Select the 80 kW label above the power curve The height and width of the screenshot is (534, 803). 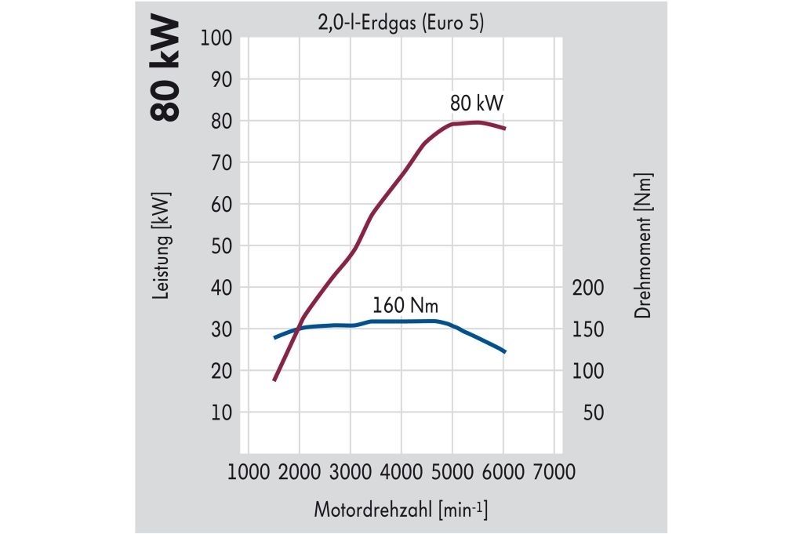click(477, 104)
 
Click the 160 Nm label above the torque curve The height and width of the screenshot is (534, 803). click(405, 304)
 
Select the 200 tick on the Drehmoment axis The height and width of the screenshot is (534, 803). click(588, 287)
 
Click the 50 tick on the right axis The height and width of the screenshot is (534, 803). click(594, 412)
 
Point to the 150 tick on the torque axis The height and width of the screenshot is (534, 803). click(588, 329)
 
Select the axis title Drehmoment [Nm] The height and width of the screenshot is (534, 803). click(644, 245)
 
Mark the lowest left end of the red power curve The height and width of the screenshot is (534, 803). click(274, 380)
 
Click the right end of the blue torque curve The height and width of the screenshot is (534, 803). click(505, 351)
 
